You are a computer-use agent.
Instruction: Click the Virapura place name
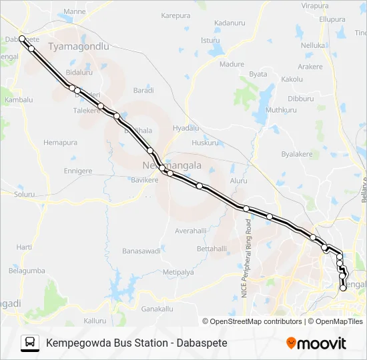point(315,5)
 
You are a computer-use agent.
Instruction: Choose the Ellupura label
point(331,19)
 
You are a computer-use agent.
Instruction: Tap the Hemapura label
point(61,143)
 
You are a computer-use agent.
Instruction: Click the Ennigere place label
point(77,171)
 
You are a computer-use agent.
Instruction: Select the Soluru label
point(24,195)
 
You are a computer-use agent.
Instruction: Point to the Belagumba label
point(27,271)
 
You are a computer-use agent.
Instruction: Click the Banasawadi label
point(141,251)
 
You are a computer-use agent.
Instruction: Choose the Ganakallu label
point(157,309)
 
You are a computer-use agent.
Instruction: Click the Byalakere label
point(297,154)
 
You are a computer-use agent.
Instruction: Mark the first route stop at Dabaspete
point(22,39)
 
